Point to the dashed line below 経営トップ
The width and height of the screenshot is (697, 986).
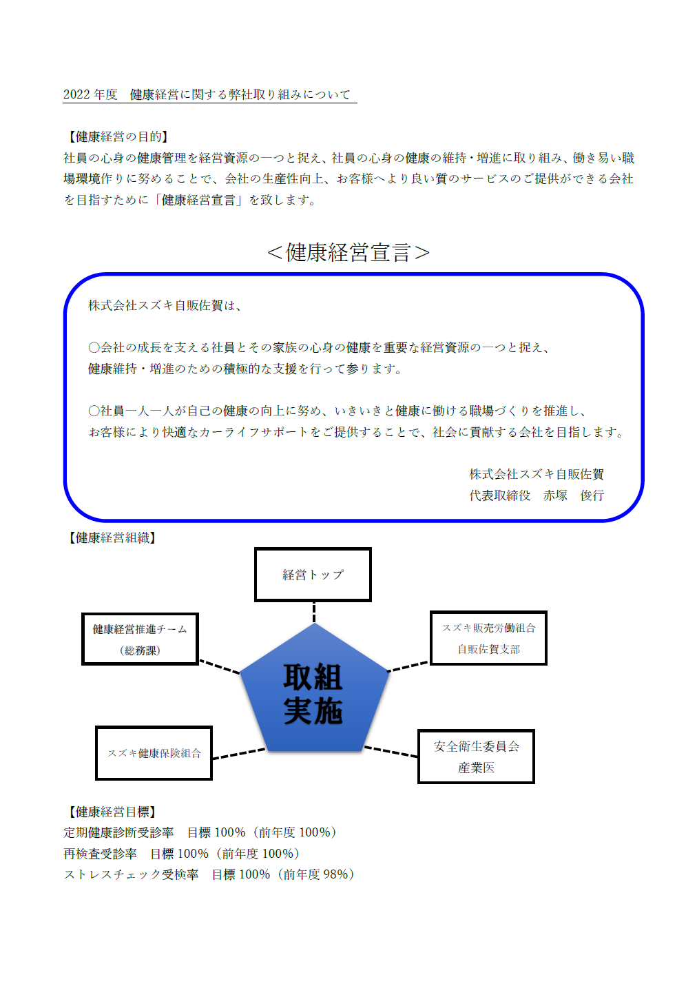pos(314,612)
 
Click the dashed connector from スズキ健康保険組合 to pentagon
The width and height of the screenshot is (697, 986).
pos(239,754)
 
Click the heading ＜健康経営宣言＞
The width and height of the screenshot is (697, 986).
pos(348,253)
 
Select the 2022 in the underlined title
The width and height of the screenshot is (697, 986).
pos(76,94)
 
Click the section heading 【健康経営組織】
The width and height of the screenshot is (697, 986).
pos(112,537)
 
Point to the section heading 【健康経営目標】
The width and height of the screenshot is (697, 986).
pos(112,812)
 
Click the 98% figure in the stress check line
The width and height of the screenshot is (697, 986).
pos(335,874)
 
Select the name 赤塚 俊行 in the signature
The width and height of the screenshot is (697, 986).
pos(573,495)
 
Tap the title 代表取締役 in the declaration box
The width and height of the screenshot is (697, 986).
pos(500,495)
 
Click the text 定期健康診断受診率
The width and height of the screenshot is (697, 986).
pos(118,832)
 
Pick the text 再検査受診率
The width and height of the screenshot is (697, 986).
pos(101,854)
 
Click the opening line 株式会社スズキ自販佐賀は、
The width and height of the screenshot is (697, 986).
pos(165,305)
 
